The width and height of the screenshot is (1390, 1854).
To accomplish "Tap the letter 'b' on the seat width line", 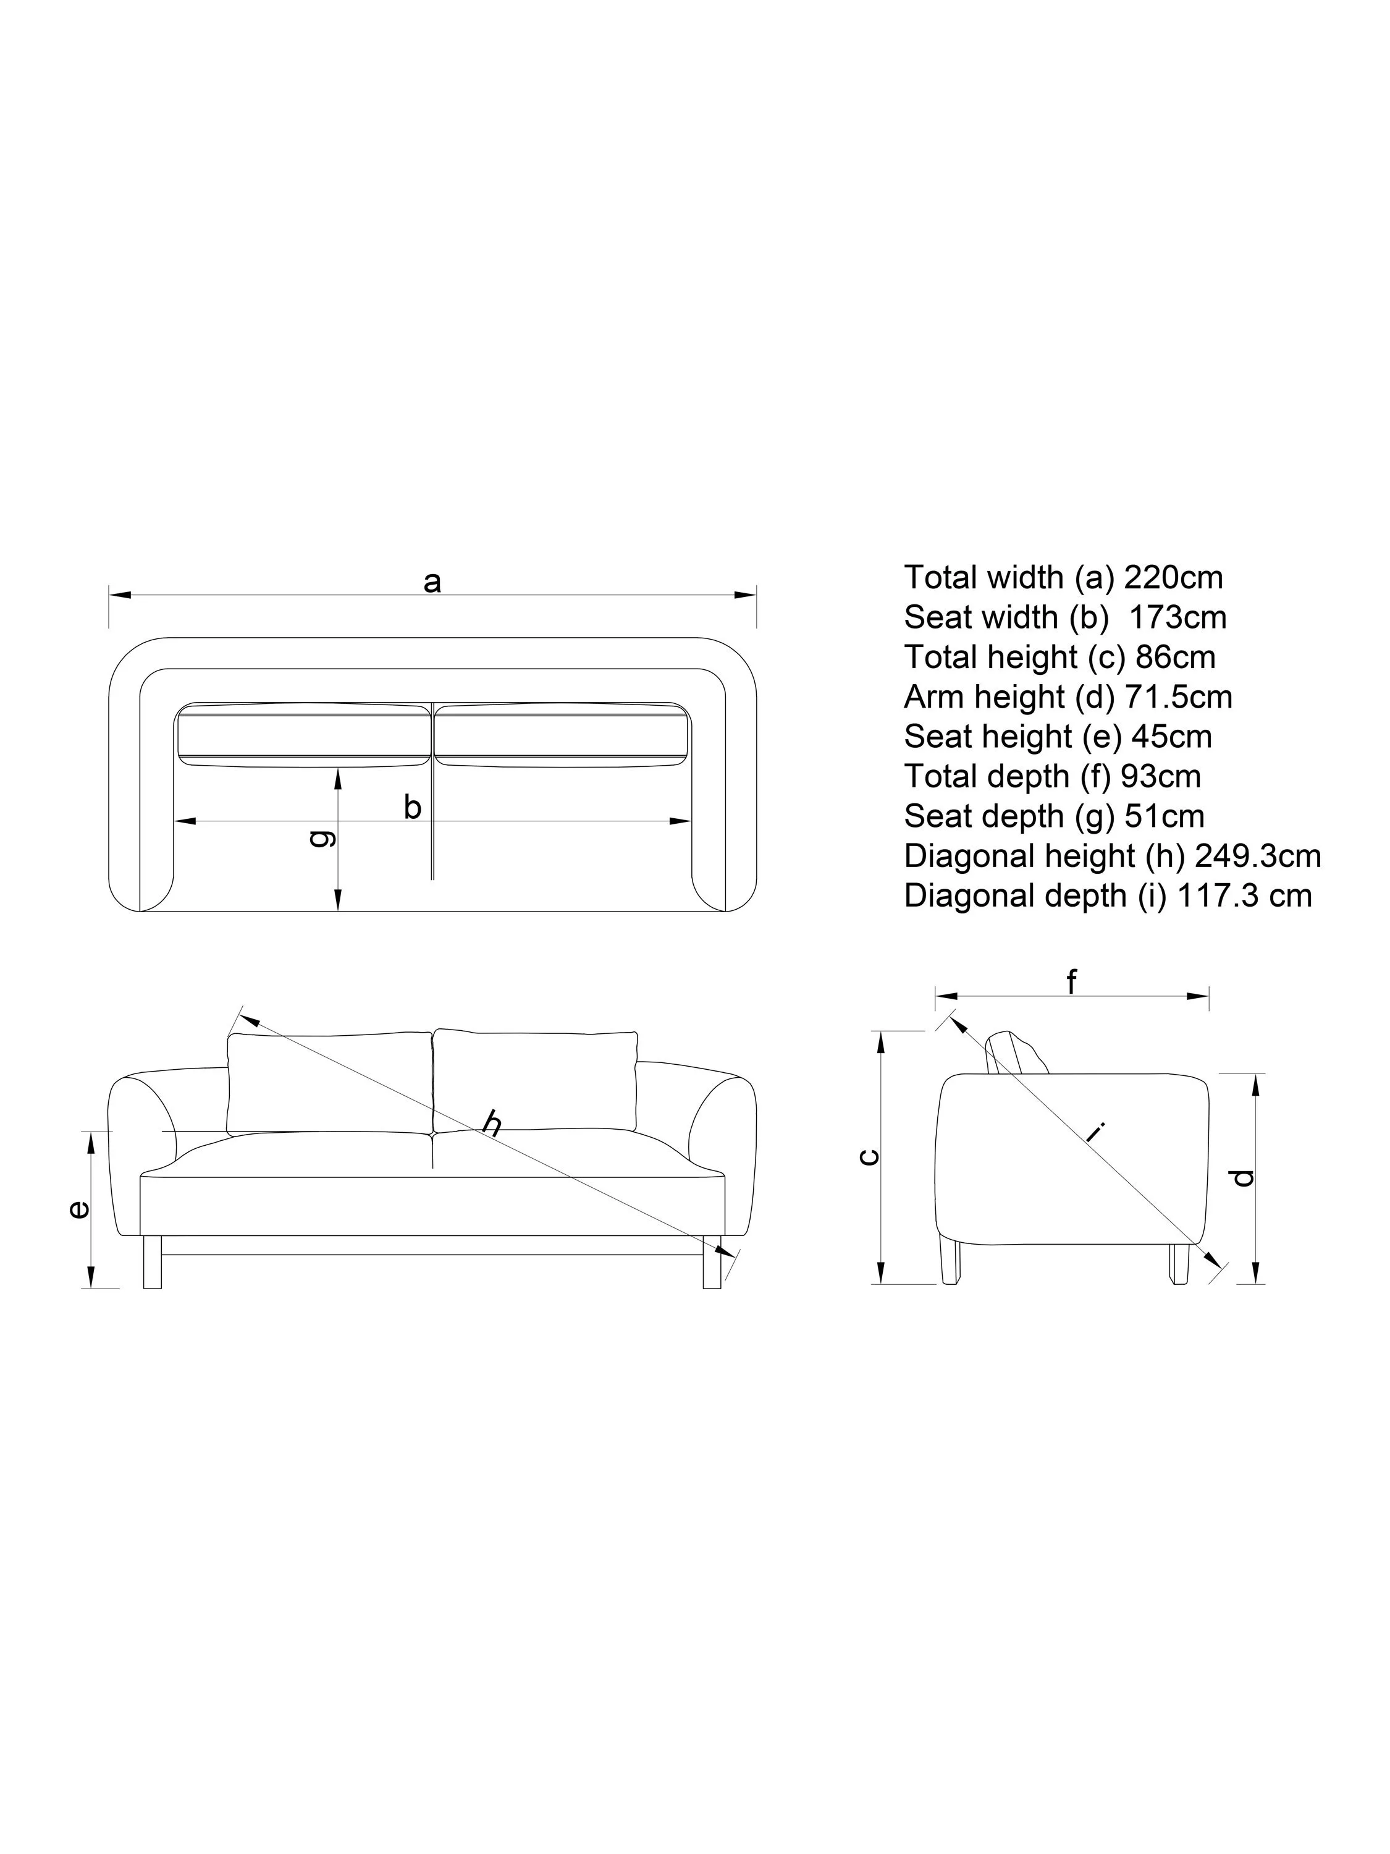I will click(412, 808).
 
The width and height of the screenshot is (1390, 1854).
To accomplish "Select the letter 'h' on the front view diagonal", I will click(492, 1123).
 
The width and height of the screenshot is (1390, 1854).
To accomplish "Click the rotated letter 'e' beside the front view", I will click(78, 1209).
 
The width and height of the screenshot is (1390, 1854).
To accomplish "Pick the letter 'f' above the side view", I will click(1072, 981).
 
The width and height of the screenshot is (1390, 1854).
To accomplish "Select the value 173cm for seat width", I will click(1177, 618).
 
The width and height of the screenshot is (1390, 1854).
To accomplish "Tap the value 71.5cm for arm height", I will click(1178, 697).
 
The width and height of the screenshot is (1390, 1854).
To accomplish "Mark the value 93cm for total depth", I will click(1160, 776).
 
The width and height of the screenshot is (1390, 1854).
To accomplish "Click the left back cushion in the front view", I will click(329, 1082).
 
